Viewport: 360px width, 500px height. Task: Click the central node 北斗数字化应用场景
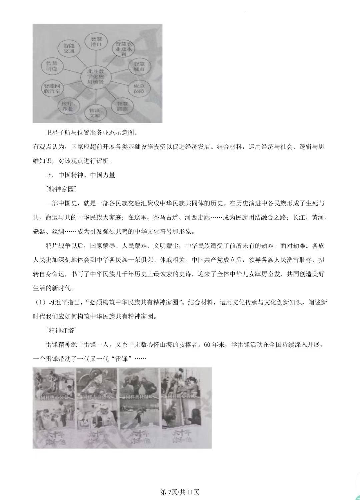[96, 77]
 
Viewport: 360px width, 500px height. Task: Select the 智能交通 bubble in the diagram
[69, 48]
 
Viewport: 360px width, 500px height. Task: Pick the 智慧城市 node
[139, 66]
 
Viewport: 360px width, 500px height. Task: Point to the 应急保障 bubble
[139, 88]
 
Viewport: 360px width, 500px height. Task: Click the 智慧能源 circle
[122, 106]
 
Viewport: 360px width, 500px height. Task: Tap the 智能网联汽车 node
[52, 88]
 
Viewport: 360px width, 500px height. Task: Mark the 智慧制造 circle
[52, 66]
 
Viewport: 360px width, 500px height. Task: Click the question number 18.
[49, 175]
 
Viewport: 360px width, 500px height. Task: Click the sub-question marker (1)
[40, 302]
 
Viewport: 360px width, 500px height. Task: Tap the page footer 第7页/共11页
[180, 492]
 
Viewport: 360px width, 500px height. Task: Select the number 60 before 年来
[207, 345]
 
